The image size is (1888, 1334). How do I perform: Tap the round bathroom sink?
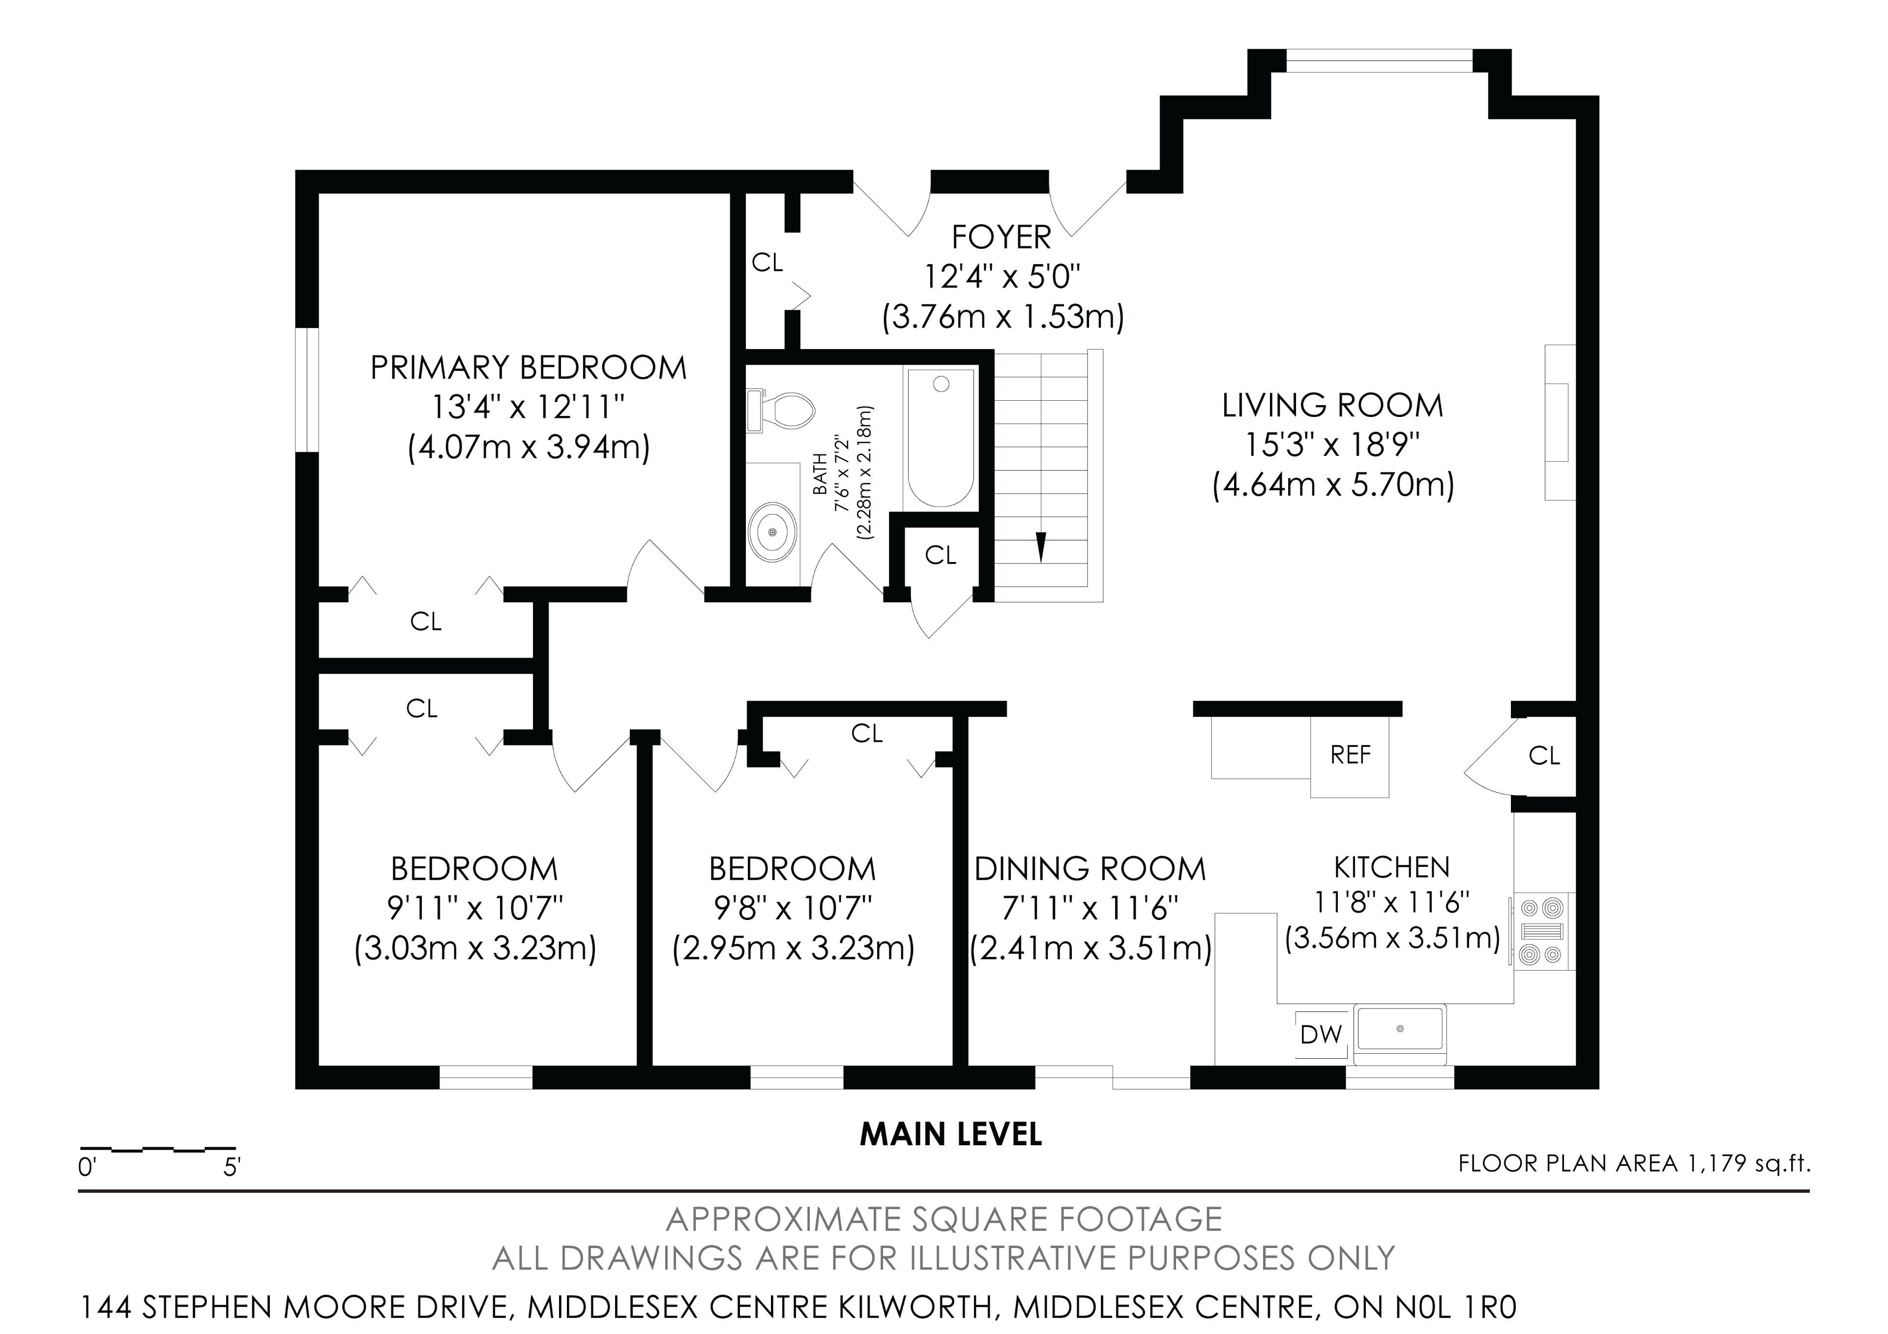click(772, 532)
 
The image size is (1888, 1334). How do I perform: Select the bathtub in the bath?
click(941, 439)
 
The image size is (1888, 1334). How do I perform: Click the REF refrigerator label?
click(1350, 754)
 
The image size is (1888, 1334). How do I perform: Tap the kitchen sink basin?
click(1400, 1029)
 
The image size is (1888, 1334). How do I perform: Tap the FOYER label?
click(1002, 237)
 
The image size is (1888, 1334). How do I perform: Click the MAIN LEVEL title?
click(951, 1135)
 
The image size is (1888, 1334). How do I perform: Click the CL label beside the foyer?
click(767, 263)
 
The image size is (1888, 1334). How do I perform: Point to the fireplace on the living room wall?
click(1559, 422)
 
